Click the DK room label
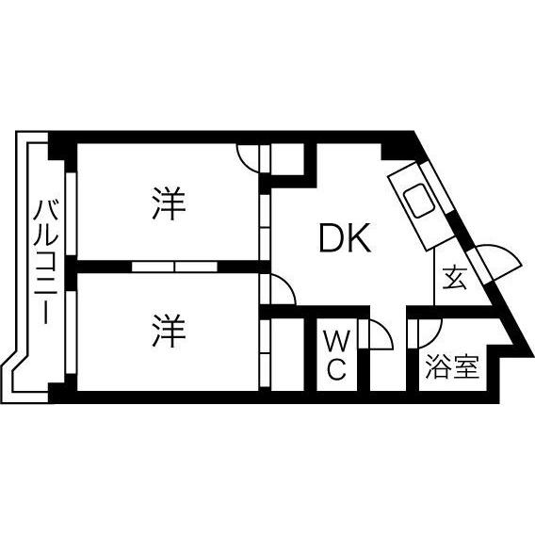click(x=345, y=238)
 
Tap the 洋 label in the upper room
click(x=169, y=203)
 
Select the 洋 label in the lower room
click(x=169, y=331)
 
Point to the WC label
click(x=337, y=355)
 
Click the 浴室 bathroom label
click(x=452, y=366)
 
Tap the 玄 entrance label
click(x=455, y=278)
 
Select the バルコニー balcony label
click(x=45, y=261)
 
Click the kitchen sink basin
click(x=419, y=201)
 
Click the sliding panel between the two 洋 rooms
click(x=174, y=267)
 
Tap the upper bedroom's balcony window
click(x=71, y=214)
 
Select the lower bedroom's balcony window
click(x=71, y=332)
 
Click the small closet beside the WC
click(x=287, y=355)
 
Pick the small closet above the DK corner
click(x=287, y=159)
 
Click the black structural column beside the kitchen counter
click(x=397, y=152)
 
